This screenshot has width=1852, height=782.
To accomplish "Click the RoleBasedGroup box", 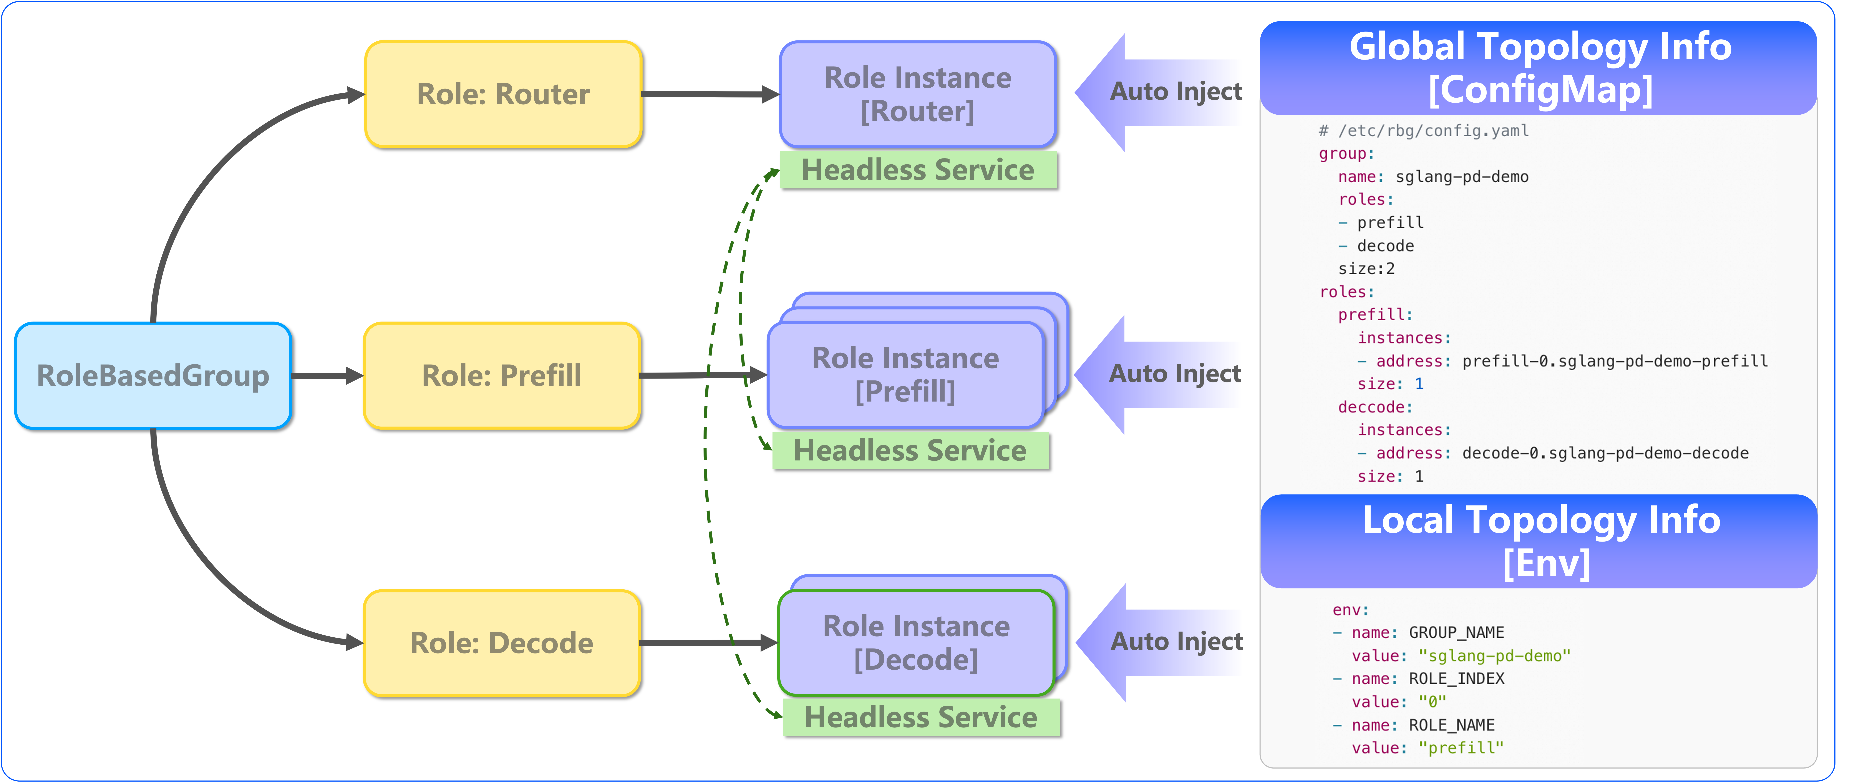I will point(153,375).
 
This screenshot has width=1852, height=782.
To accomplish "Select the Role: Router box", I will point(503,94).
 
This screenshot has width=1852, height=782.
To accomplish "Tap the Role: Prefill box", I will point(502,375).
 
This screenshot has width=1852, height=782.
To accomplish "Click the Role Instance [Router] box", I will point(917,94).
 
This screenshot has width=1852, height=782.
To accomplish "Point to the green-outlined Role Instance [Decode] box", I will point(916,642).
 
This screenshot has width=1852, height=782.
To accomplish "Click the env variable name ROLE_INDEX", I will point(1456,678).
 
